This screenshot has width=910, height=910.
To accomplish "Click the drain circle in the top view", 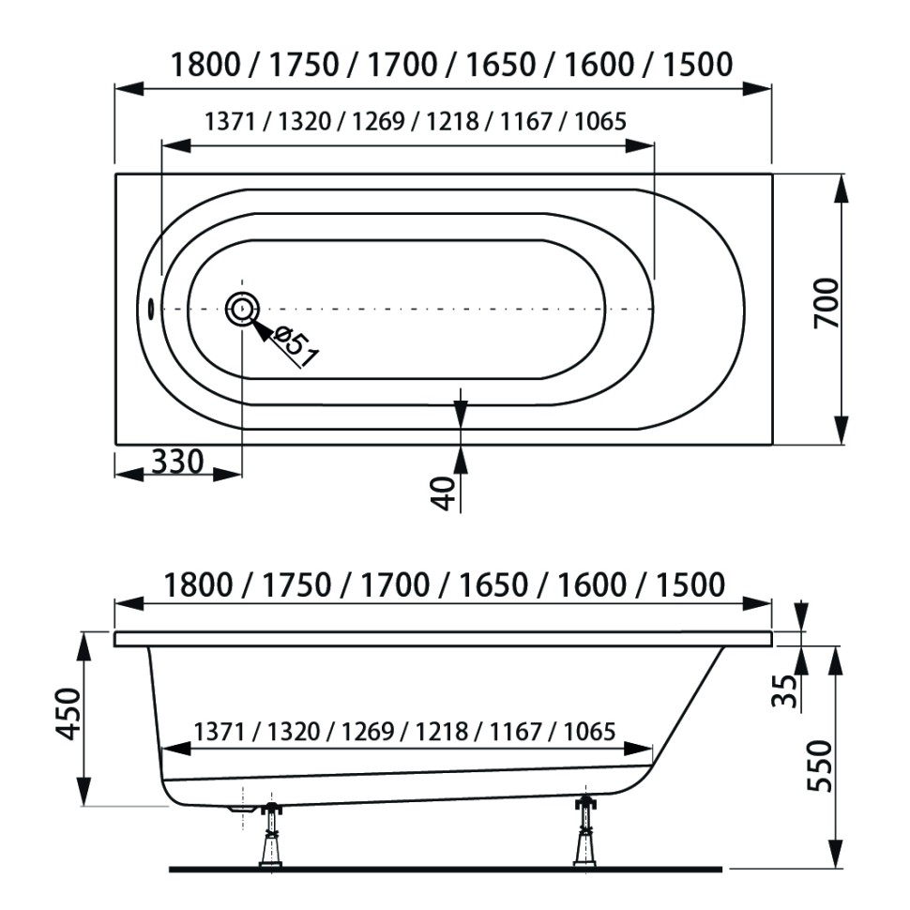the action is (x=242, y=309).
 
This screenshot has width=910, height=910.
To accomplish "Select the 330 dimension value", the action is (x=177, y=463).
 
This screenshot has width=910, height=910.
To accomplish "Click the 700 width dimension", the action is (x=827, y=303).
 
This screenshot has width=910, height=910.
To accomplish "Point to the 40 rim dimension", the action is (x=444, y=493).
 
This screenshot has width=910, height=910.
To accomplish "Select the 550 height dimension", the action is (x=819, y=766).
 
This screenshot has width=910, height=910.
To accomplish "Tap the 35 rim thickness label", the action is (x=784, y=690).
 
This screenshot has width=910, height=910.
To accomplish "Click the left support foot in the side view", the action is (x=271, y=835).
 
